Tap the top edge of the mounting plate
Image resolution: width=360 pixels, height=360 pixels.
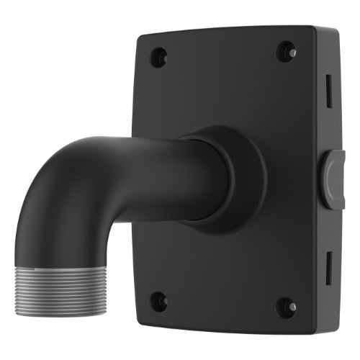pyautogui.click(x=223, y=28)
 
